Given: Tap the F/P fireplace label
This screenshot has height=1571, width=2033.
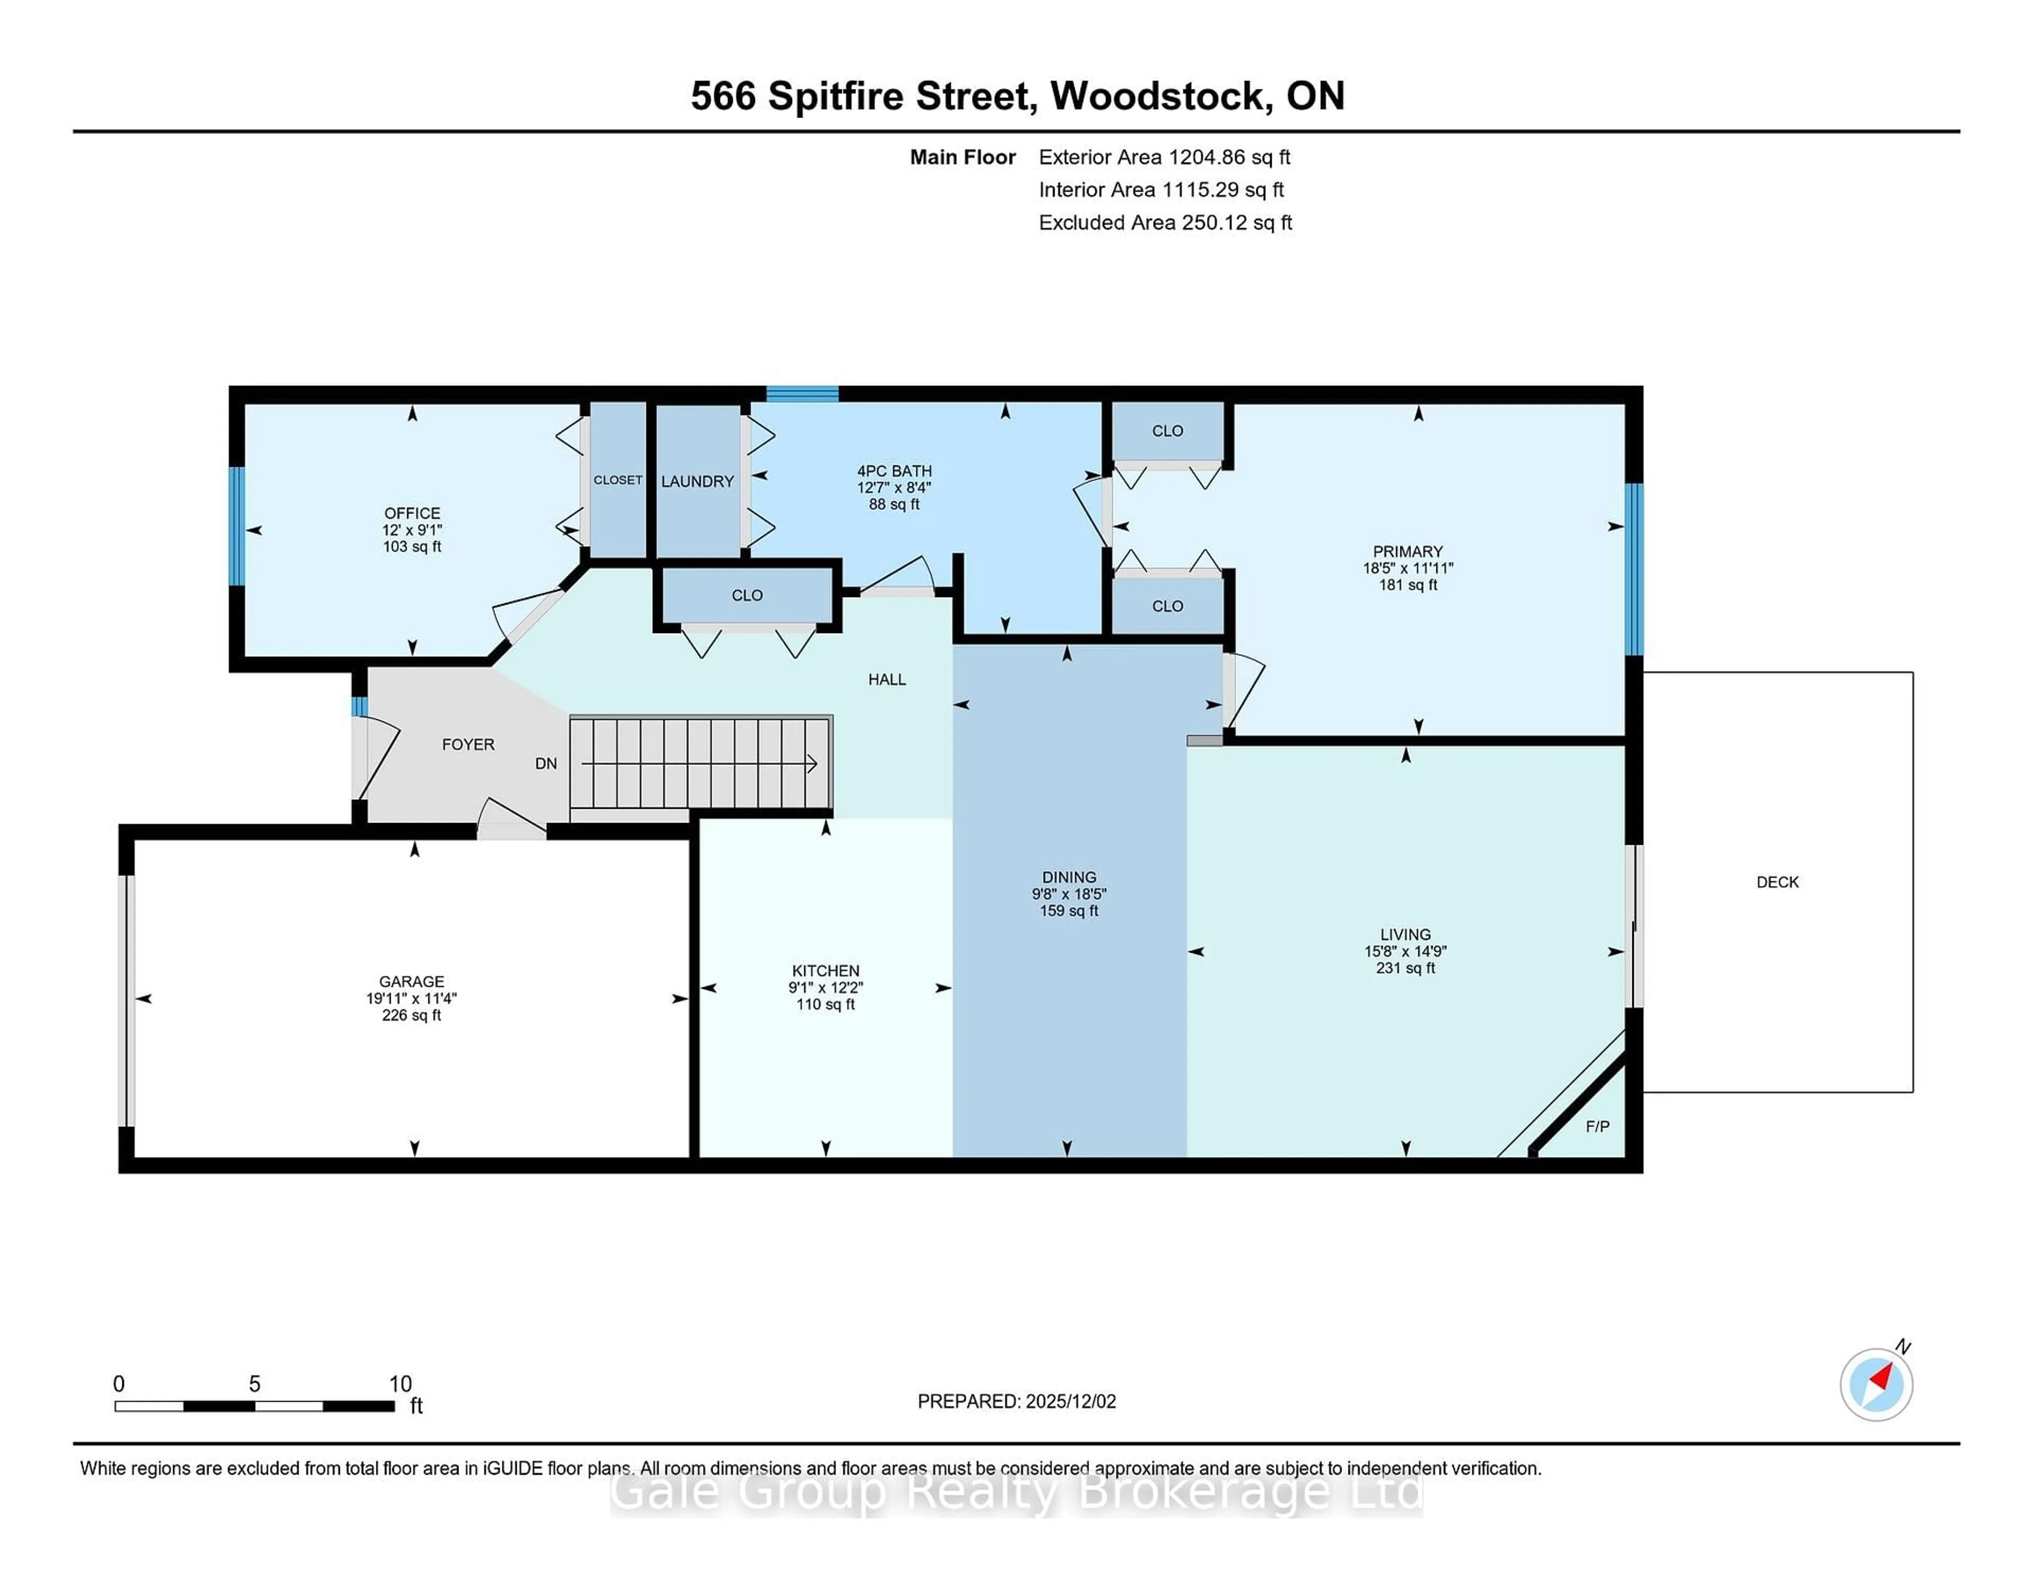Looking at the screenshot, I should pyautogui.click(x=1597, y=1126).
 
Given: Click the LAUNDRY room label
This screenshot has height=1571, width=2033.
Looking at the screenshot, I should pyautogui.click(x=697, y=481).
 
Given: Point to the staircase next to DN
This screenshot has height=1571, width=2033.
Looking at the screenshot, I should pyautogui.click(x=700, y=763).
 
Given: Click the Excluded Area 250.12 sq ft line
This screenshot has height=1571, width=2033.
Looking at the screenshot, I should pyautogui.click(x=1165, y=222).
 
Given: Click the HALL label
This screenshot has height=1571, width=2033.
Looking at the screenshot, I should pyautogui.click(x=886, y=680).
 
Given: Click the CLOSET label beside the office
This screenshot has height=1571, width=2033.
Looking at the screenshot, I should pyautogui.click(x=618, y=480).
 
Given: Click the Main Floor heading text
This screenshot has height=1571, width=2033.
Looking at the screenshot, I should pyautogui.click(x=962, y=157).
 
